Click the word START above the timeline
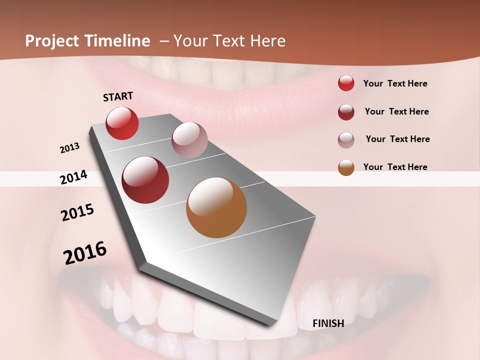118,96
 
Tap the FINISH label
328,323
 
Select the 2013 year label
69,148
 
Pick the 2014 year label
73,177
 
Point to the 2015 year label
77,212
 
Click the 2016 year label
85,252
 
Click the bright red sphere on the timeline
122,123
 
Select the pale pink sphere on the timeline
189,140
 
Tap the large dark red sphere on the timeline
145,180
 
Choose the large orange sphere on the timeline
216,207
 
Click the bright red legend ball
346,83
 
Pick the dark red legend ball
346,112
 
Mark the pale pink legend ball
346,140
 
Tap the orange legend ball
346,167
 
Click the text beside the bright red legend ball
395,83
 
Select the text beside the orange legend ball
395,167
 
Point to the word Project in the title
52,41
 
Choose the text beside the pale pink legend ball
397,139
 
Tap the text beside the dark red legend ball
396,111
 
